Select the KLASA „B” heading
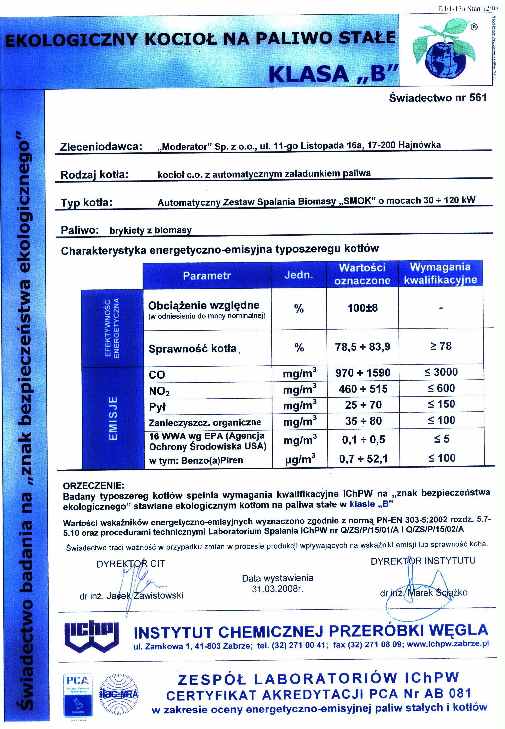(333, 73)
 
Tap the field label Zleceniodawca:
(101, 147)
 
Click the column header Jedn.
(298, 275)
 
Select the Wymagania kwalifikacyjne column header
(440, 274)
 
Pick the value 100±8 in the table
(362, 308)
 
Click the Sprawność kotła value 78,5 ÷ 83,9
(362, 347)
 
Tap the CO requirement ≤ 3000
(441, 372)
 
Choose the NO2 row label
(159, 391)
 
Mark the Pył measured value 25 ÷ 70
(363, 405)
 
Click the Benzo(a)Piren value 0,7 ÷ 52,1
(363, 459)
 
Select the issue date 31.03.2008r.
(277, 589)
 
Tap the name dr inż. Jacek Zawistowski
(131, 595)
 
